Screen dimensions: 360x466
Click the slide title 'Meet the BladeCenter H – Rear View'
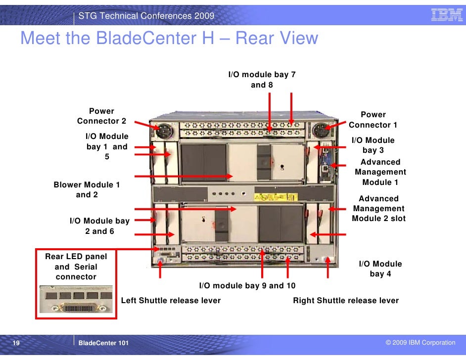coord(169,38)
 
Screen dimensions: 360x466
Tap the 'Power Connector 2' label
coord(101,116)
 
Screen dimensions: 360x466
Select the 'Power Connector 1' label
coord(373,120)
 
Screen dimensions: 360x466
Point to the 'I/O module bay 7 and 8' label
coord(262,80)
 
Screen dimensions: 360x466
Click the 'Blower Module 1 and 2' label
coord(87,190)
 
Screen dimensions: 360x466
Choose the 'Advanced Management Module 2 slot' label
coord(378,209)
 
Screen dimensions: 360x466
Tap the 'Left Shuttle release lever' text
coord(171,301)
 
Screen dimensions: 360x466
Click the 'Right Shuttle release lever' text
coord(346,301)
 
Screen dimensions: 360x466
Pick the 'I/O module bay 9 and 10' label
coord(247,286)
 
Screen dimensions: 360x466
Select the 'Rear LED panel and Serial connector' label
coord(76,267)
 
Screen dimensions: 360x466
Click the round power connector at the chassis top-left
coord(163,132)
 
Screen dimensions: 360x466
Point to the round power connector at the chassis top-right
coord(320,132)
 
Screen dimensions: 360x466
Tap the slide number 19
coord(16,343)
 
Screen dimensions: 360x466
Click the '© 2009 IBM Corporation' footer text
coord(420,343)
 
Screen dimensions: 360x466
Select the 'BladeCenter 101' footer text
coord(103,343)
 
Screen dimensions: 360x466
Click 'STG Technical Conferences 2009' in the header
coord(146,16)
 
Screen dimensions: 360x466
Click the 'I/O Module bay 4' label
coord(380,269)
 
